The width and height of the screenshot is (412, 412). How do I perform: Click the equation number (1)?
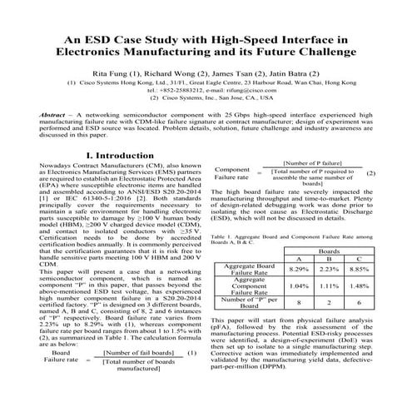click(191, 375)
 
